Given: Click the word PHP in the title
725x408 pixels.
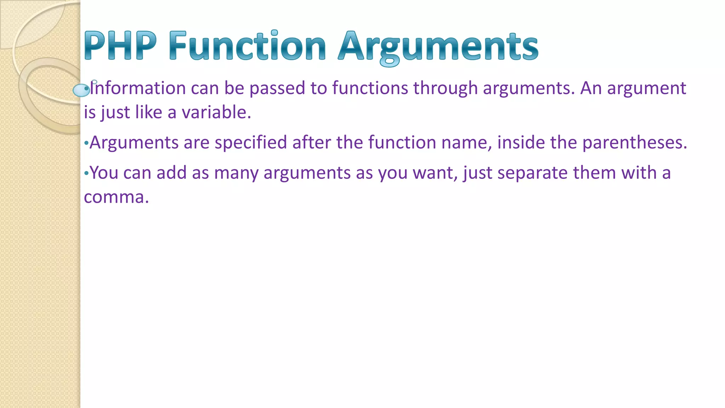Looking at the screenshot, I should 120,46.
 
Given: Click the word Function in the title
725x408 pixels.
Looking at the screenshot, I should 247,46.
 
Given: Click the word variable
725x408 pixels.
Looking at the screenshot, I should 216,112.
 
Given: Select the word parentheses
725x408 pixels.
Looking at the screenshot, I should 634,142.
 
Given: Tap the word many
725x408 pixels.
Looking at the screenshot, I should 236,173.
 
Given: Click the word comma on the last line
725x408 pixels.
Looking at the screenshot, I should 116,197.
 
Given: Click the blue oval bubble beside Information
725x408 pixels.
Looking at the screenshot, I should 81,90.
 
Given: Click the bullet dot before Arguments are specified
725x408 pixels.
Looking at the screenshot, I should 86,143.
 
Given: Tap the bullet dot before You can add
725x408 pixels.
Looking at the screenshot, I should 86,174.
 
